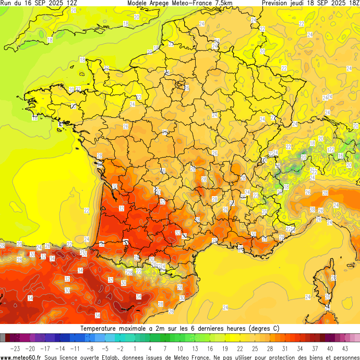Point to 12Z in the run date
tap(73, 3)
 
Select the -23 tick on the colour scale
tap(15, 348)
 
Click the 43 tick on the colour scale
tap(345, 348)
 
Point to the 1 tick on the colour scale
tap(135, 348)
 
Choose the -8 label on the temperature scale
tap(90, 348)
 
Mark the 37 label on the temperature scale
tap(315, 348)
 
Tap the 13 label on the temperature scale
tap(195, 348)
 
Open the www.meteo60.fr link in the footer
tap(21, 357)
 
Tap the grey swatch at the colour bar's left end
tap(3, 338)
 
